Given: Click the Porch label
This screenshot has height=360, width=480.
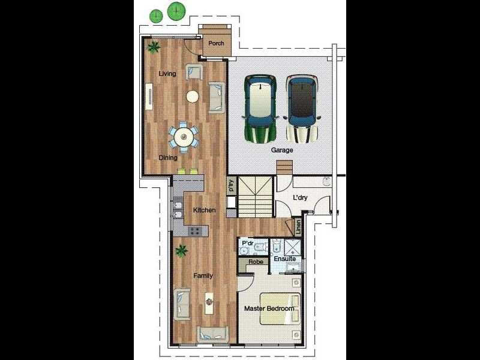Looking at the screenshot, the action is [216, 43].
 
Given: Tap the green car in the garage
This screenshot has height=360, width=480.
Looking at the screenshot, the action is [260, 109].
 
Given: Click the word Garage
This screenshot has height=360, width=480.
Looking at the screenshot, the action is [282, 150].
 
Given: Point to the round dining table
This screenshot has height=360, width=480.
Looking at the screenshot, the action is [184, 137].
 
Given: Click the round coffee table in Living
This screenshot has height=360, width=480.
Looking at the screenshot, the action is [192, 97].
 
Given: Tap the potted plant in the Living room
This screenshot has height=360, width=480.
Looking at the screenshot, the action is [153, 47].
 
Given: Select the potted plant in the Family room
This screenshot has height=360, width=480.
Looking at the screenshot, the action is [182, 251].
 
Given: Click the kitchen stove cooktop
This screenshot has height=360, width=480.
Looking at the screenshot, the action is [196, 230].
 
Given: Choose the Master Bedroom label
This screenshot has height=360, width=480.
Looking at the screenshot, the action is [269, 308].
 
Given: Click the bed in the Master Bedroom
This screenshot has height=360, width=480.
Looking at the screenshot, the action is [280, 309].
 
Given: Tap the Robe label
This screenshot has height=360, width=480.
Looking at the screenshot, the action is [256, 262].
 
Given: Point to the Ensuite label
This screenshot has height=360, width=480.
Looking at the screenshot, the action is [284, 259].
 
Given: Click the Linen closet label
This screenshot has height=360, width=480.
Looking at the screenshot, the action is [298, 227].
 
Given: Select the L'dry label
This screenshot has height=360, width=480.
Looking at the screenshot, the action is [300, 197].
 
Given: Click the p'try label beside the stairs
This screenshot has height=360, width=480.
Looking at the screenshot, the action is [232, 185].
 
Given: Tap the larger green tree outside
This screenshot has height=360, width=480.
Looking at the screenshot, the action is [176, 11].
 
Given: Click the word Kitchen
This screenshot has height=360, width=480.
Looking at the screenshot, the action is [204, 210].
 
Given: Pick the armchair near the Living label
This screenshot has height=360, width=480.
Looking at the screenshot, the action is [194, 72].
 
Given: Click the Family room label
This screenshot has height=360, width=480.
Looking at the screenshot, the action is [203, 276].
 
